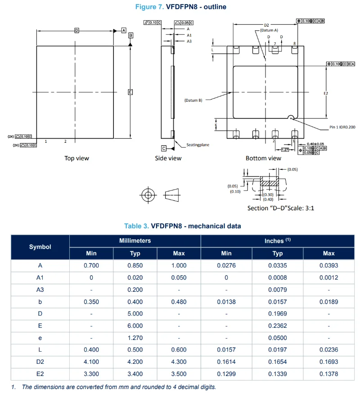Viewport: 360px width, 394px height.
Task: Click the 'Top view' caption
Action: point(76,158)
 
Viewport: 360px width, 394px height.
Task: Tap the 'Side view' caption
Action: point(168,158)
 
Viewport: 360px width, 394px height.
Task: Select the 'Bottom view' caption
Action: point(263,158)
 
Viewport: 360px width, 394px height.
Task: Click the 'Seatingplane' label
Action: point(198,145)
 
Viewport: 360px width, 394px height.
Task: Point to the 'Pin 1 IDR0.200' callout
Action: point(342,127)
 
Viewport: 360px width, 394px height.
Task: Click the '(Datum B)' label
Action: point(193,100)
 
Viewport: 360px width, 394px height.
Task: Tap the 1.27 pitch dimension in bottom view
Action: point(285,149)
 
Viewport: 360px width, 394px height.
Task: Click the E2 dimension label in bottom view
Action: point(326,93)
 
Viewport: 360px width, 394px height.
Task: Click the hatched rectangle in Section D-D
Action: point(270,184)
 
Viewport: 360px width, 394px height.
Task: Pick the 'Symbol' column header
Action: point(40,247)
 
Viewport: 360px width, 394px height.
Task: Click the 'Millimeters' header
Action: point(135,241)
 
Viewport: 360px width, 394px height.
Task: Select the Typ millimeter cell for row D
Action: point(135,313)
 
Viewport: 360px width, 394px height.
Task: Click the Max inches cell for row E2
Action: point(328,374)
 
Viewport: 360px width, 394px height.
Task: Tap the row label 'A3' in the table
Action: point(40,290)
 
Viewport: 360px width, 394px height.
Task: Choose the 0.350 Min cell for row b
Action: point(91,302)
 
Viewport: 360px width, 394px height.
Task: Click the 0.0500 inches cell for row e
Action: point(277,338)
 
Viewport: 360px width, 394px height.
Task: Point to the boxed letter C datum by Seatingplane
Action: point(164,148)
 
